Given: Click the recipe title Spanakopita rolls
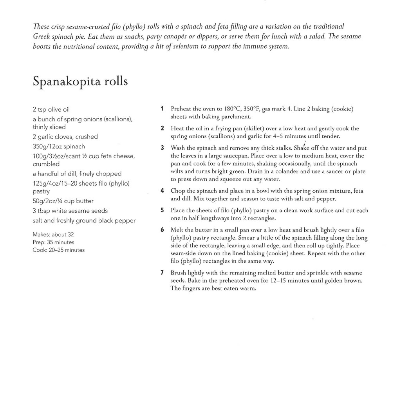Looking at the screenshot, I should (x=80, y=81).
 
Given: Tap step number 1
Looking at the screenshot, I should (x=162, y=109).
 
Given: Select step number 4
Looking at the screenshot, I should (x=162, y=191).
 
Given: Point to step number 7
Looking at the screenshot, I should (x=162, y=273).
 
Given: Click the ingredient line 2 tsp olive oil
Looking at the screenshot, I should (x=51, y=109).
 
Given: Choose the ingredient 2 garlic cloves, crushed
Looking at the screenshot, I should (x=65, y=137).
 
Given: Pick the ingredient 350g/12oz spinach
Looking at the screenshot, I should (x=59, y=146).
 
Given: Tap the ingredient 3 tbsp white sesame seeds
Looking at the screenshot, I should (x=70, y=211).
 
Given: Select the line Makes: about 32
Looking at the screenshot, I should (x=53, y=235).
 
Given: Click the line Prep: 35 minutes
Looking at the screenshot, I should (x=53, y=242).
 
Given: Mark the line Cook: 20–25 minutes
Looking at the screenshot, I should (x=58, y=250).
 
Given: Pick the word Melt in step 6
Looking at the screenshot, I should (x=177, y=230).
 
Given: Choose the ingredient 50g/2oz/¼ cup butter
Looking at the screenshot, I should (x=63, y=201).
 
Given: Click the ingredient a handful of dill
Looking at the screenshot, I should (x=77, y=173).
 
